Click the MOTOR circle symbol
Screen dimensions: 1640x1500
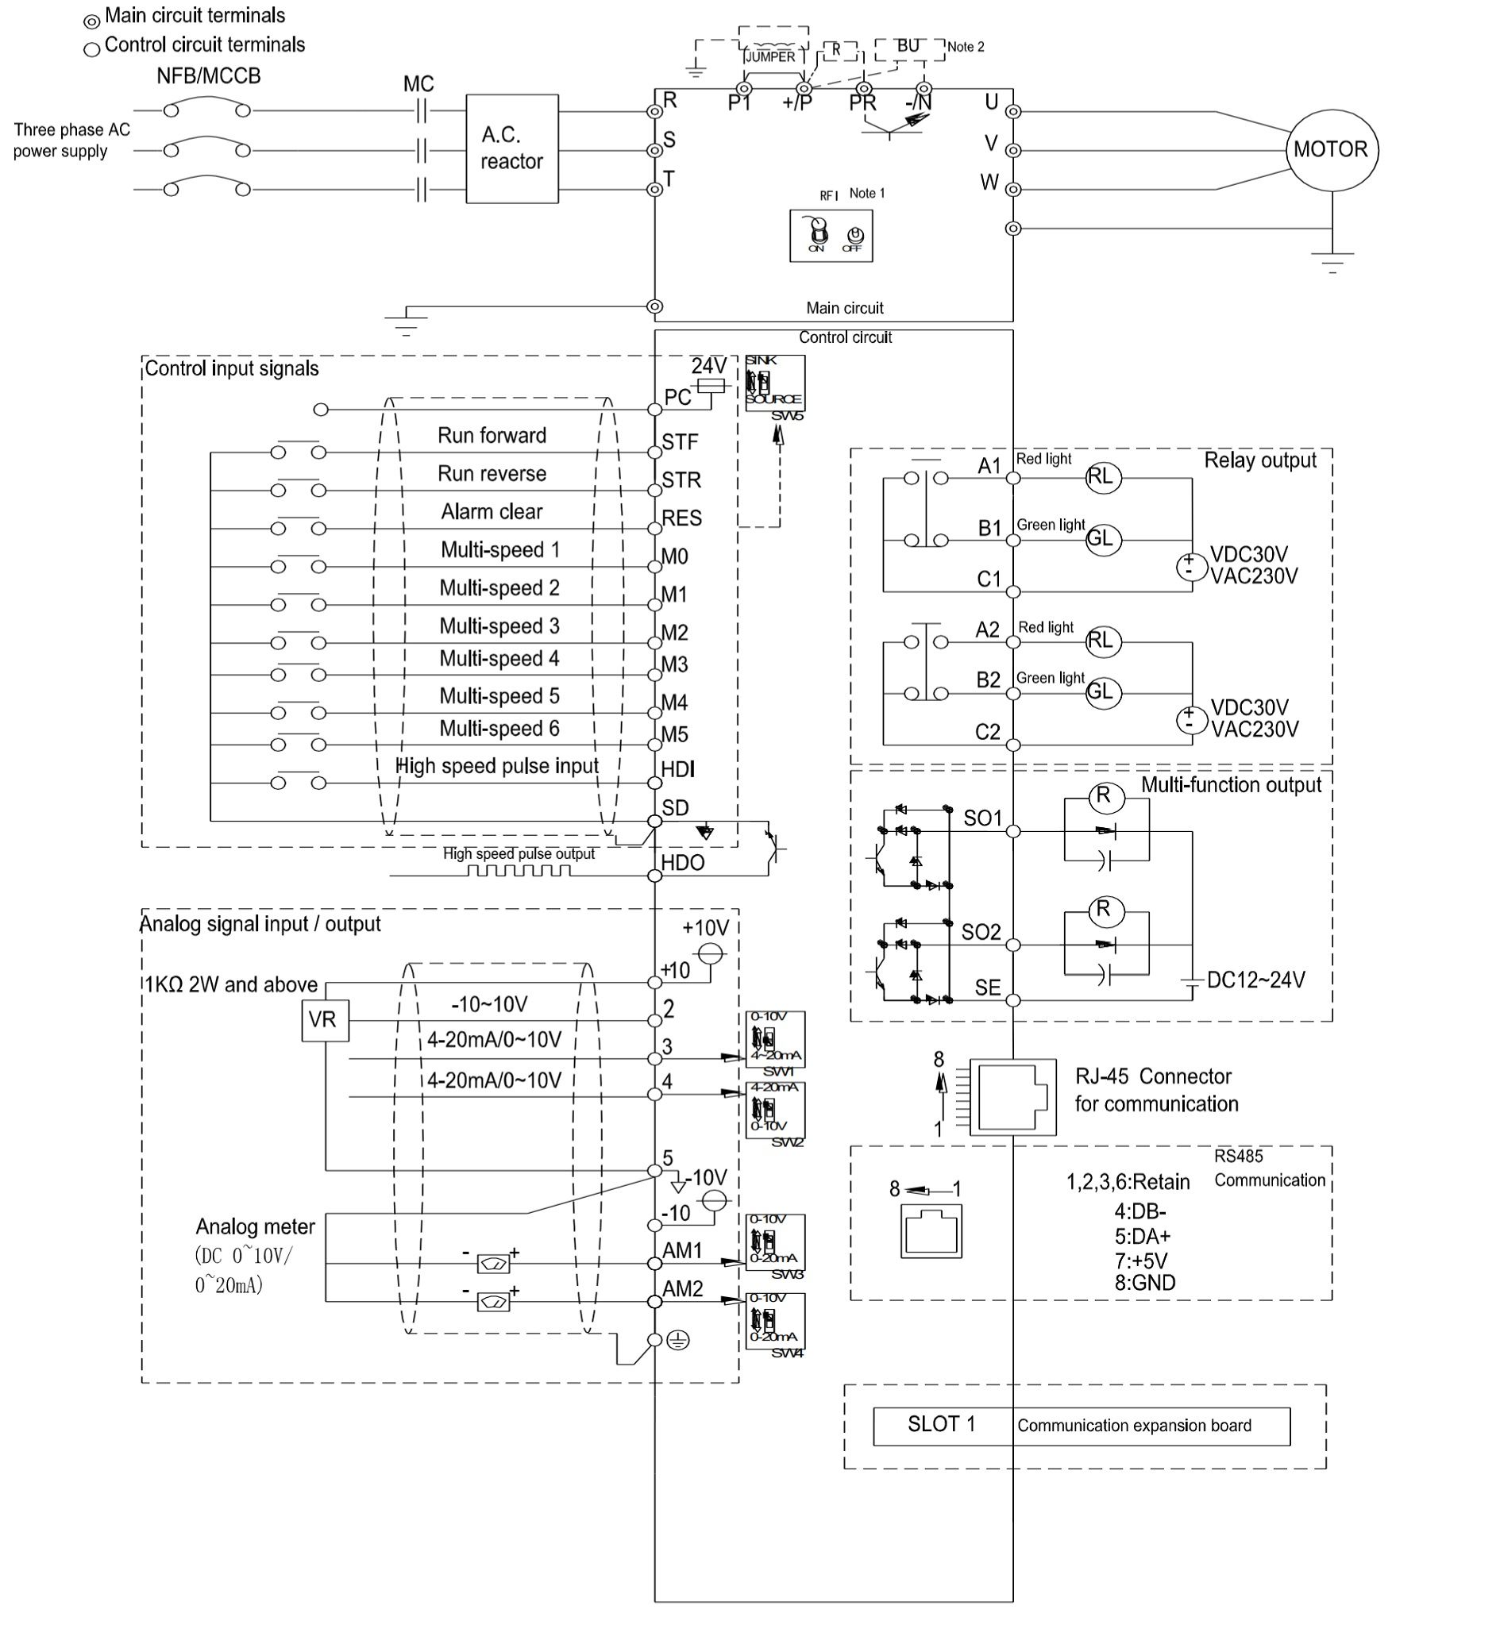[1331, 150]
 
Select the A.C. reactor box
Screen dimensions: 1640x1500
[512, 149]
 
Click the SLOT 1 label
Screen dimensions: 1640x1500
[941, 1423]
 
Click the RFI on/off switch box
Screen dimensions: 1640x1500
[831, 236]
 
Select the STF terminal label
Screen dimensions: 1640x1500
[680, 441]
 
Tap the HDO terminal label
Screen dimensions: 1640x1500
[683, 862]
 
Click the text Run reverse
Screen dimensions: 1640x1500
[492, 473]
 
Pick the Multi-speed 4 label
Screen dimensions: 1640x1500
[499, 658]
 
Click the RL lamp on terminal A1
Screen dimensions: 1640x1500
[1103, 477]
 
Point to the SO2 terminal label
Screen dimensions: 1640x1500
[981, 931]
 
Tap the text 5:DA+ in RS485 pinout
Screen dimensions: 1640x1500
[1142, 1237]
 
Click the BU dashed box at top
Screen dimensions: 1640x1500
[908, 48]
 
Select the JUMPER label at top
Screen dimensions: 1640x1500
[769, 57]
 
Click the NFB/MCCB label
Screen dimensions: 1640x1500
[208, 75]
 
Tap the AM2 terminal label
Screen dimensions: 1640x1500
[683, 1288]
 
